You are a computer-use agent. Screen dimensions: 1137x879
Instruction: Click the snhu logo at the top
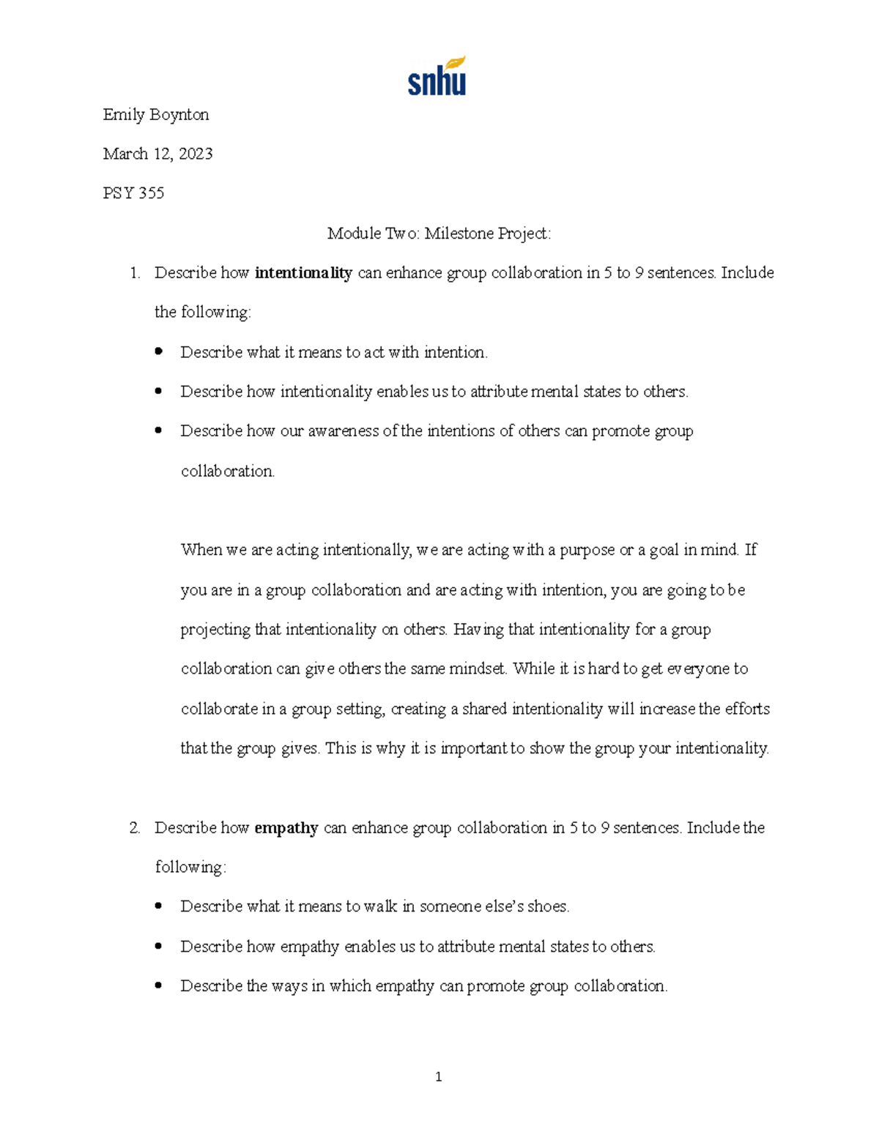(x=437, y=77)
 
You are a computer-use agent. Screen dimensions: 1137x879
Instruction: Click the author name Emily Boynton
(x=156, y=115)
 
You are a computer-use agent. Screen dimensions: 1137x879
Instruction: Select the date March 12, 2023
(x=157, y=154)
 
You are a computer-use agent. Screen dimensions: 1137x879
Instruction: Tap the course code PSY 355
(x=133, y=193)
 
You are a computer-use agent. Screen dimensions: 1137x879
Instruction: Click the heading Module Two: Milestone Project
(x=439, y=234)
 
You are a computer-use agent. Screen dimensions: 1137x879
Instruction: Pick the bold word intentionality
(x=303, y=273)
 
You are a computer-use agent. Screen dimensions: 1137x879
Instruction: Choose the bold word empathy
(x=286, y=828)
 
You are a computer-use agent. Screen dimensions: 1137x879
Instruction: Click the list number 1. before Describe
(x=134, y=273)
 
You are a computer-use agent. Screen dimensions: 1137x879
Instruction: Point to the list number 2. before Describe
(x=134, y=828)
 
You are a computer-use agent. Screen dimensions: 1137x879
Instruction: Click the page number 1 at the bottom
(x=438, y=1076)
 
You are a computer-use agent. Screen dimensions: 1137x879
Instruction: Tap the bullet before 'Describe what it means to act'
(x=158, y=352)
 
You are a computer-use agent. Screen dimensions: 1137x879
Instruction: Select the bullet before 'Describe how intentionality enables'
(x=158, y=392)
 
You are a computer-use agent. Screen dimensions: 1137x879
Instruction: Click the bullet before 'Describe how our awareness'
(x=158, y=431)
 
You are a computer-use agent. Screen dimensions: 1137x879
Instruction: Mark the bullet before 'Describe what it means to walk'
(x=158, y=906)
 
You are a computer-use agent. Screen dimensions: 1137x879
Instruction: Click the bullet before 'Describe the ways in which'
(x=158, y=986)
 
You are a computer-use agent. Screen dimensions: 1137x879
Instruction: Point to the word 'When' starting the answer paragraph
(x=201, y=550)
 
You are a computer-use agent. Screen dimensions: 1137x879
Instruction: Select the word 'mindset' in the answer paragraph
(x=478, y=668)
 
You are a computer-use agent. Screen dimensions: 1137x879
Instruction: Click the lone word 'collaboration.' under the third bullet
(x=228, y=471)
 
